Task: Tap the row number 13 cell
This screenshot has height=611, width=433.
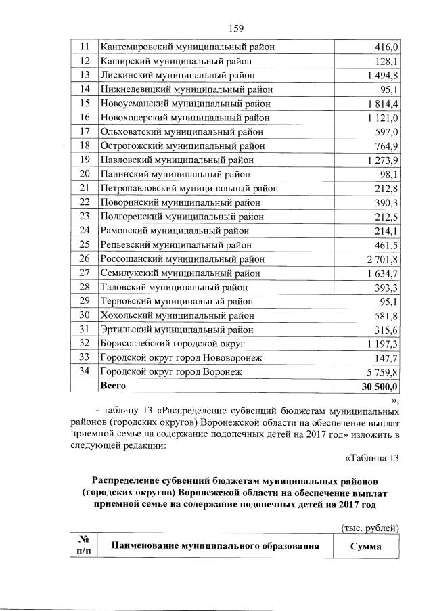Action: (85, 74)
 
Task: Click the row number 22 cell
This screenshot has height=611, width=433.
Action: (85, 202)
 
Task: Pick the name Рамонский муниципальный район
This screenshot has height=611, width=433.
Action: (175, 230)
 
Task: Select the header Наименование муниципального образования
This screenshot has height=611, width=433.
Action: (214, 546)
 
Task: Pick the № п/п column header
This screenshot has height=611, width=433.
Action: (85, 546)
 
